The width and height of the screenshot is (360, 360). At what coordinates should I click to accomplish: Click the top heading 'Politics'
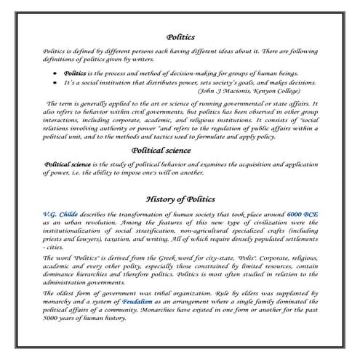click(180, 35)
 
